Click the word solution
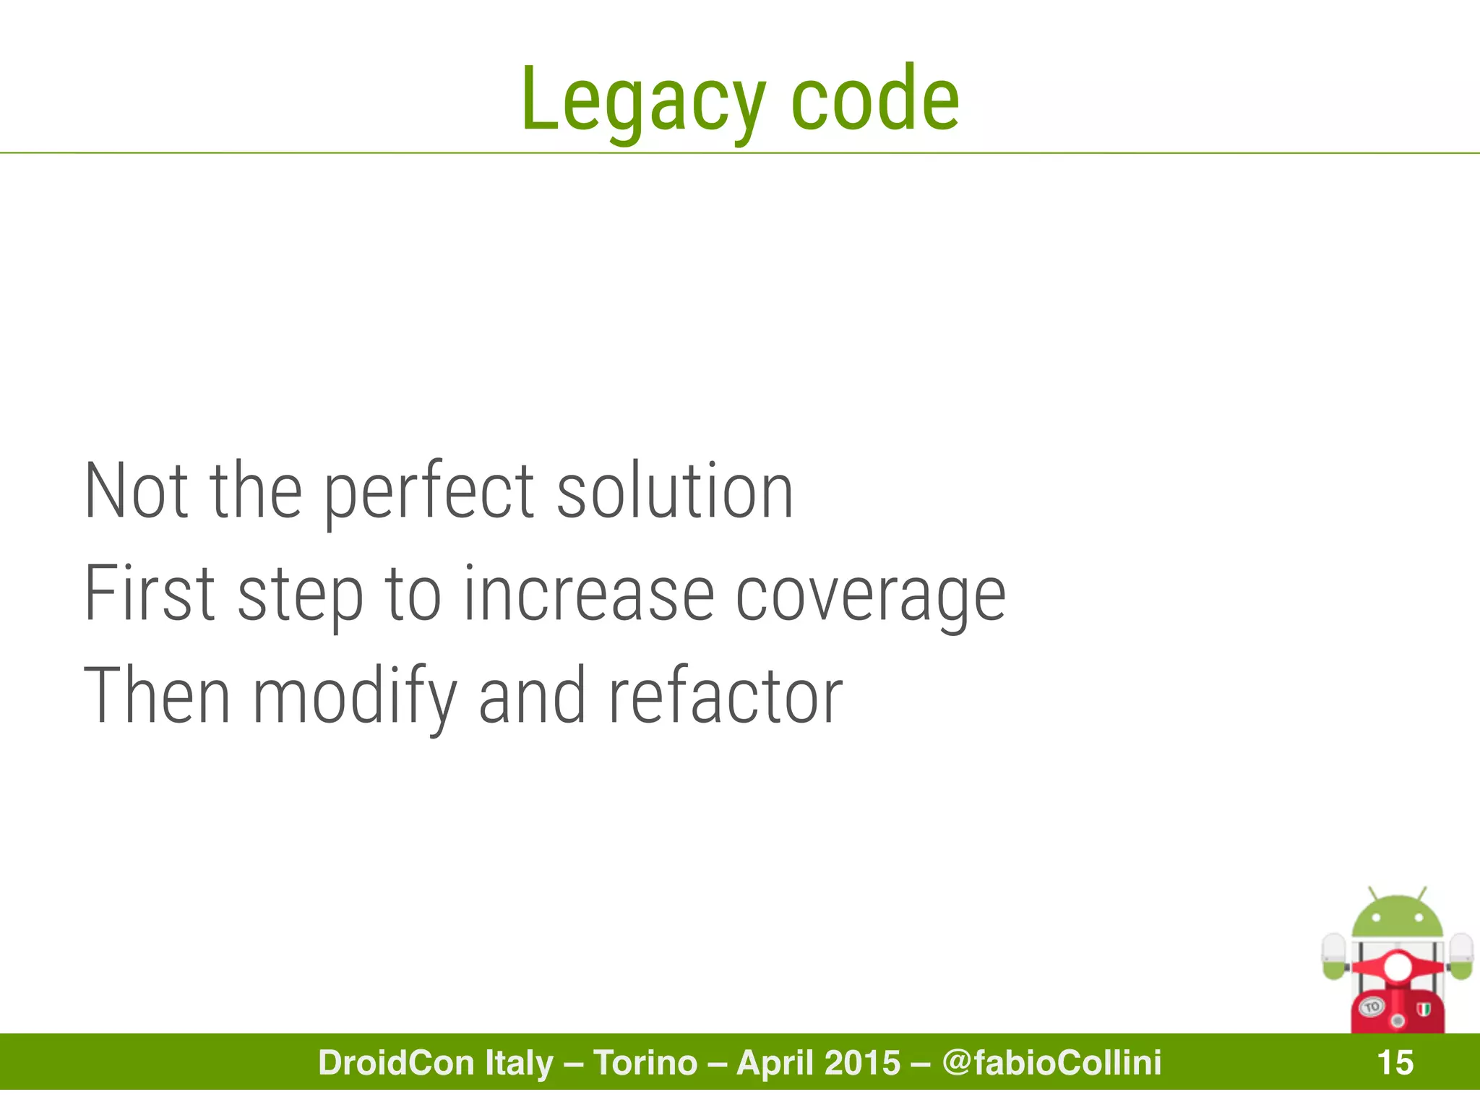(x=675, y=491)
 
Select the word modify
(x=355, y=697)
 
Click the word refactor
(x=725, y=697)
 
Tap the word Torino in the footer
(x=645, y=1063)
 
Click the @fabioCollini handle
(x=1051, y=1063)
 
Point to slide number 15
(x=1395, y=1063)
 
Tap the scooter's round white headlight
(x=1397, y=967)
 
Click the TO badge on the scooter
(x=1372, y=1007)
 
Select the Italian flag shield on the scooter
(x=1424, y=1008)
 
